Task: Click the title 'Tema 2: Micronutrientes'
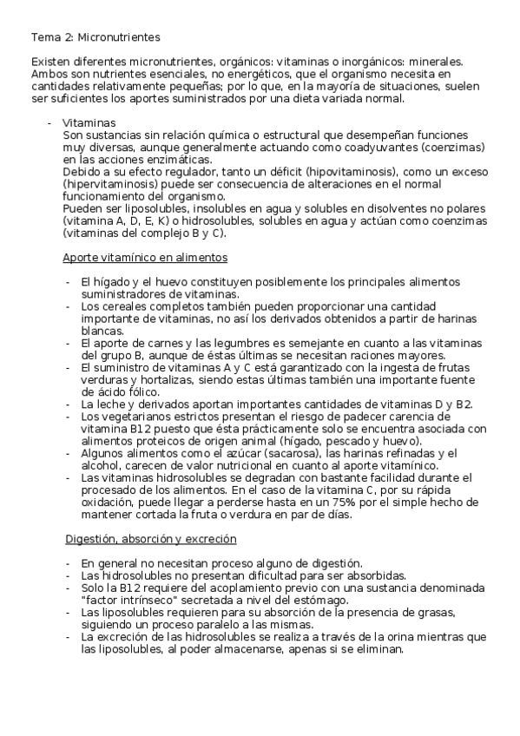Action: coord(95,37)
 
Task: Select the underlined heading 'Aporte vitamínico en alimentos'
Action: coord(145,258)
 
